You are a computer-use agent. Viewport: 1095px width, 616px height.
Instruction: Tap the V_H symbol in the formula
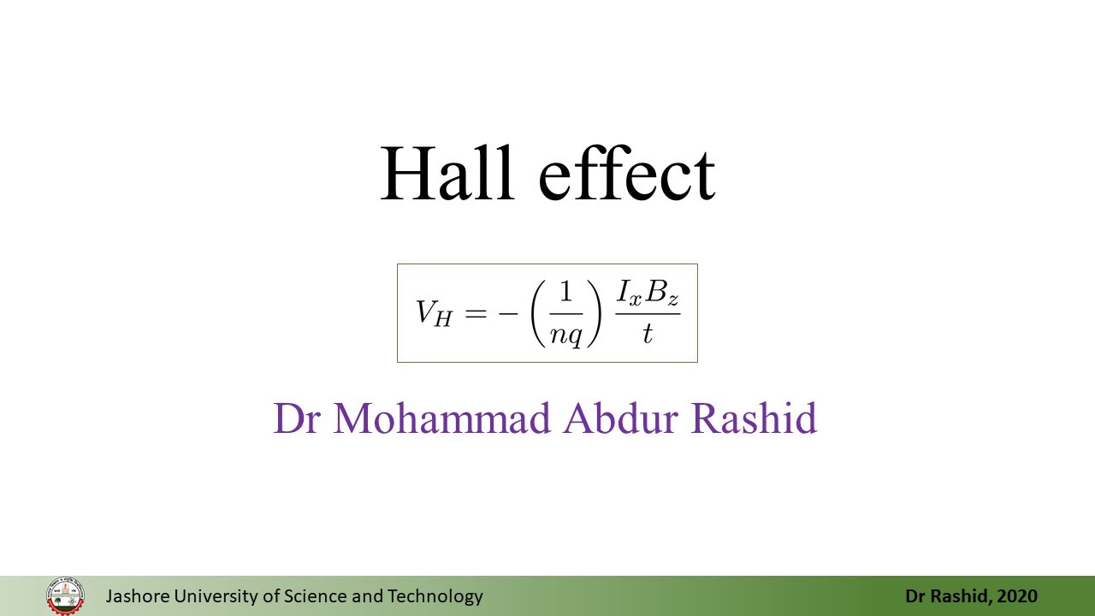(433, 313)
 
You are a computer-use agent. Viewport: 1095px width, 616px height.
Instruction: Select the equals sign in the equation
(475, 313)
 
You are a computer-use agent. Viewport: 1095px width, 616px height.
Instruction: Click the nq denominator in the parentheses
(565, 335)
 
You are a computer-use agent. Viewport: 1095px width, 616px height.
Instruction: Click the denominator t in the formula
(647, 334)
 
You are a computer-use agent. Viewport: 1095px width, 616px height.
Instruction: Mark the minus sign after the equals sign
(507, 313)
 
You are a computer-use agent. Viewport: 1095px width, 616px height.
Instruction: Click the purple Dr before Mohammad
(296, 418)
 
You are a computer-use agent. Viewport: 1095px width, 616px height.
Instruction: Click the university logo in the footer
(66, 595)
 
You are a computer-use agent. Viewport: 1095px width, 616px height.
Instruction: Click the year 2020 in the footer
(1017, 596)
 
